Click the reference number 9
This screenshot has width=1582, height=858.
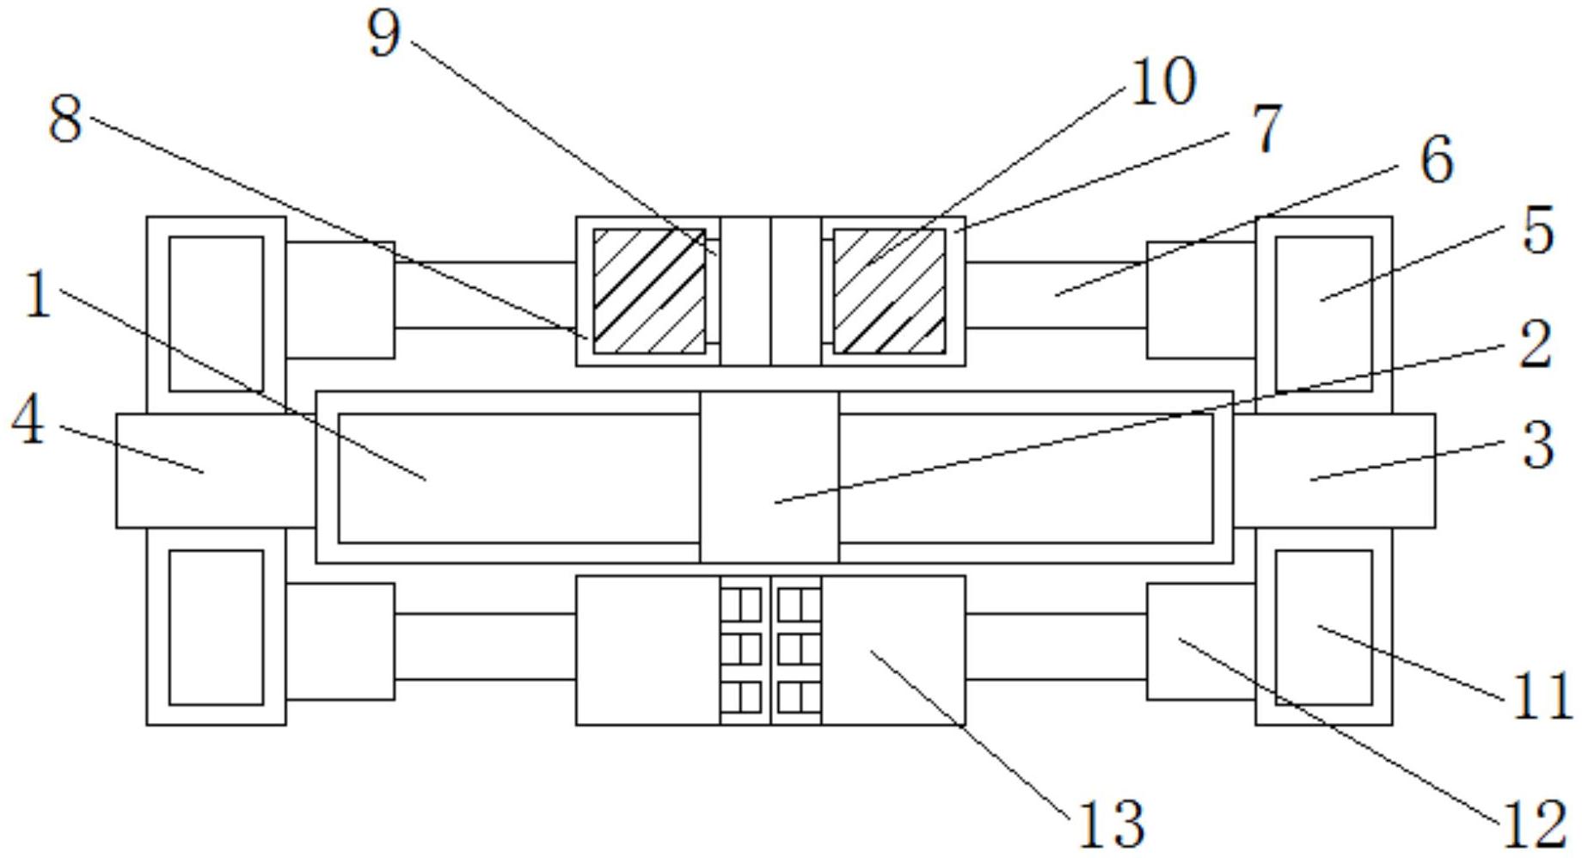(x=384, y=35)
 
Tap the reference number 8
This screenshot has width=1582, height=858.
(x=65, y=120)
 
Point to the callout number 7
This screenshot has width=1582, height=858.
(x=1266, y=130)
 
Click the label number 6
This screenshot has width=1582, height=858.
(x=1437, y=160)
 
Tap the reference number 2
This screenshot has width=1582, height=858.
(x=1535, y=345)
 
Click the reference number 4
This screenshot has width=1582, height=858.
(x=28, y=421)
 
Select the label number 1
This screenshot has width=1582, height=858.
(x=37, y=295)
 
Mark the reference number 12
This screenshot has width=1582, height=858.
(x=1534, y=824)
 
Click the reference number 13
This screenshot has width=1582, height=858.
(x=1111, y=823)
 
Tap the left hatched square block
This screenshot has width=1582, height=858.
(x=649, y=291)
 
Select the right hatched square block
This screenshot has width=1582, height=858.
(x=889, y=291)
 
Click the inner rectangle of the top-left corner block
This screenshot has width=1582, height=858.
(x=216, y=314)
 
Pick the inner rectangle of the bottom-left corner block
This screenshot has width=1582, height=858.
(x=216, y=628)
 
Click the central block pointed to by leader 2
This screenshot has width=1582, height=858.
(x=770, y=477)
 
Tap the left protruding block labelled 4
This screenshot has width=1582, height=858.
(x=216, y=470)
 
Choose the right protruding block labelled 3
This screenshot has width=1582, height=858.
(x=1334, y=470)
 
